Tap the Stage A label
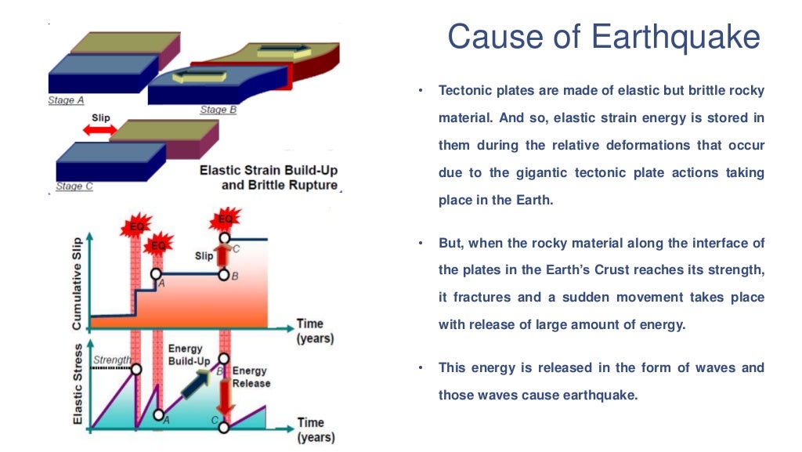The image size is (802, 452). pyautogui.click(x=66, y=101)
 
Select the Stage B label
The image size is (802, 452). pyautogui.click(x=218, y=110)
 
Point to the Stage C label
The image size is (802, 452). pyautogui.click(x=74, y=187)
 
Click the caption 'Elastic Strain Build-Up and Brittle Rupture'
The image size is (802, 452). pyautogui.click(x=268, y=178)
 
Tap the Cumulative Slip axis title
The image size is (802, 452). pyautogui.click(x=77, y=280)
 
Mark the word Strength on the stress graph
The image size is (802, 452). pyautogui.click(x=112, y=361)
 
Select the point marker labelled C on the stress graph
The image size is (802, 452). pyautogui.click(x=224, y=427)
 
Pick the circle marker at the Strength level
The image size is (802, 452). pyautogui.click(x=137, y=369)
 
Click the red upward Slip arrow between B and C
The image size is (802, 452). pyautogui.click(x=224, y=255)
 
